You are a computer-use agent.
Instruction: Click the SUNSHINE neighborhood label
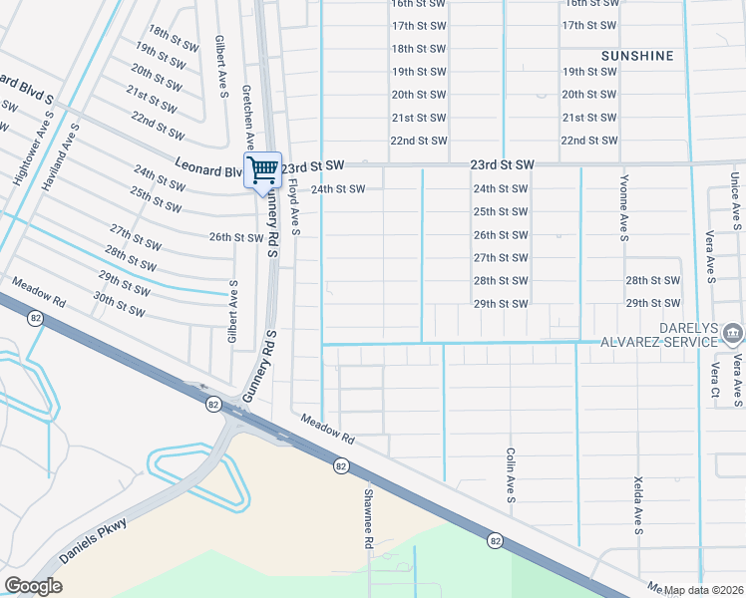click(x=637, y=56)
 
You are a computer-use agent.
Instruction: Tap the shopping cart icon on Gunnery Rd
click(x=262, y=168)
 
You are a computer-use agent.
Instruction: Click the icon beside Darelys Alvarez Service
click(x=732, y=332)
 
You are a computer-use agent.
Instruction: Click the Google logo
click(x=33, y=585)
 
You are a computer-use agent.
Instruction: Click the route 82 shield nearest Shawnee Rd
click(x=340, y=465)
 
